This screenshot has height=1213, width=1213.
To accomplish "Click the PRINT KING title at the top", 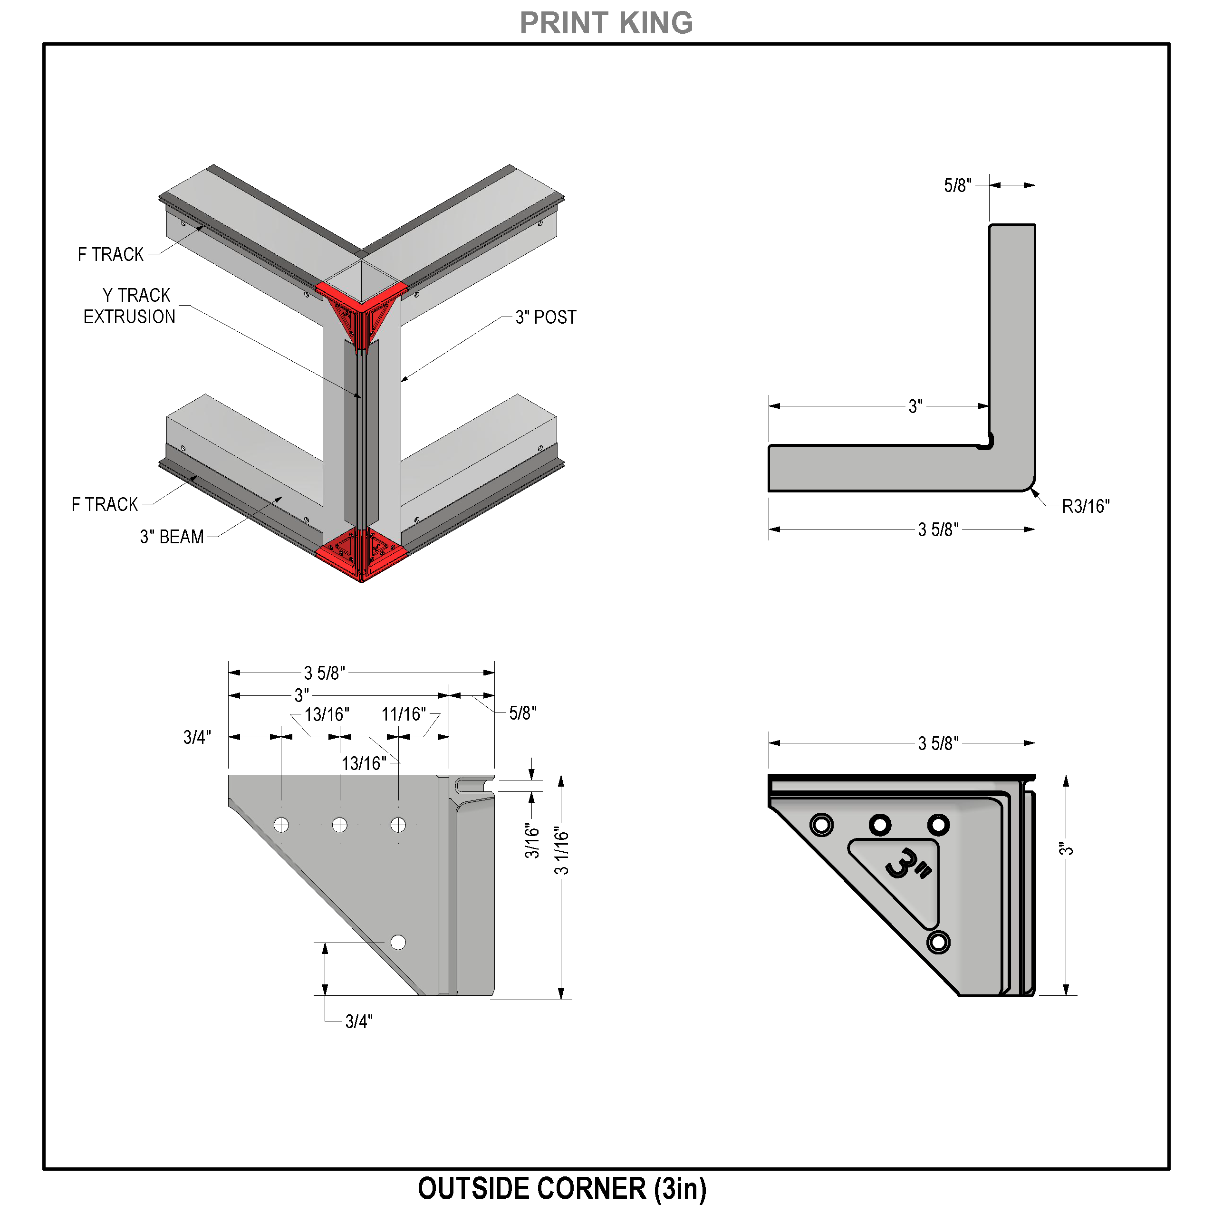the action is [606, 23].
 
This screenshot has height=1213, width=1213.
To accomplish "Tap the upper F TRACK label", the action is [110, 254].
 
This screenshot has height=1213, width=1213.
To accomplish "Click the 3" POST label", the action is [546, 317].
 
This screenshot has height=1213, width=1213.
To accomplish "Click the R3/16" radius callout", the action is [1086, 506].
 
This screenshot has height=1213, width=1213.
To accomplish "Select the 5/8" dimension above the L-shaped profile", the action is [957, 185].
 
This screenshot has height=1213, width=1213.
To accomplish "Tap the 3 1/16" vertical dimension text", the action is [561, 851].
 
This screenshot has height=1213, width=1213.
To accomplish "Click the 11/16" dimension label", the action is [404, 714].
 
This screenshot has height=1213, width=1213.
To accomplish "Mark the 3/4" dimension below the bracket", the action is [358, 1021].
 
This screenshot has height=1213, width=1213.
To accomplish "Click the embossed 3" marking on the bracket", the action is [908, 865].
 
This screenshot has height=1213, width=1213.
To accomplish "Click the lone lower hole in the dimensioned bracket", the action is [398, 942].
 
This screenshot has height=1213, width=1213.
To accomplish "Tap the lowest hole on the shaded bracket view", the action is [938, 942].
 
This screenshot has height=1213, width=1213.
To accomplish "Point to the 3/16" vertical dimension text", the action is [532, 841].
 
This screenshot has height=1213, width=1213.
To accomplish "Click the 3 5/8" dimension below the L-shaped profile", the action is [938, 529].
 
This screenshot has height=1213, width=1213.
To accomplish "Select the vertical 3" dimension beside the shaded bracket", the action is [1066, 849].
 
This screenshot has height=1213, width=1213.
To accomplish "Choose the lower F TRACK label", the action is [104, 504].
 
